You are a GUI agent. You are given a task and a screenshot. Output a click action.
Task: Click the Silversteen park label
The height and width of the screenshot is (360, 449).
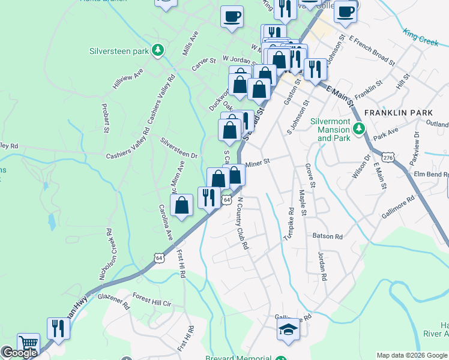pyautogui.click(x=119, y=52)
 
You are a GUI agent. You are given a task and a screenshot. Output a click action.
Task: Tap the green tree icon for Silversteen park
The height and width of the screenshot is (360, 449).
pyautogui.click(x=158, y=50)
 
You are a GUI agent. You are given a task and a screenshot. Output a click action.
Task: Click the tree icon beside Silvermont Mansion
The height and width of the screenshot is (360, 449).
pyautogui.click(x=359, y=128)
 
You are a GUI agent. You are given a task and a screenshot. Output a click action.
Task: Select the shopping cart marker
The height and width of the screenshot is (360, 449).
pyautogui.click(x=29, y=343)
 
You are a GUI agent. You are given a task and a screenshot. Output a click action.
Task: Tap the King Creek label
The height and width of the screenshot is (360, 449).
pyautogui.click(x=421, y=37)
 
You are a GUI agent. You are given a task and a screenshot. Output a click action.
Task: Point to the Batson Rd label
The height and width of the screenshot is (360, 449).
pyautogui.click(x=327, y=236)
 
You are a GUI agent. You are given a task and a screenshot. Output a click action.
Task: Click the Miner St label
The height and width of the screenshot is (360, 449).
pyautogui.click(x=258, y=162)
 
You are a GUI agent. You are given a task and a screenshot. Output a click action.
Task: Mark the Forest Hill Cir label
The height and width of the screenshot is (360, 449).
pyautogui.click(x=152, y=300)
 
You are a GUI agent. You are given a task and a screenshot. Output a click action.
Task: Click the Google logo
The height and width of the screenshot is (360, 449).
pyautogui.click(x=20, y=353)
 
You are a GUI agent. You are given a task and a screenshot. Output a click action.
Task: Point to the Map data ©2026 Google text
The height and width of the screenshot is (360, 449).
pyautogui.click(x=411, y=355)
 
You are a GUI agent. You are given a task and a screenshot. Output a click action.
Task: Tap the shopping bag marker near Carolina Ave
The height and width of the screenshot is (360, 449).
pyautogui.click(x=181, y=205)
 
